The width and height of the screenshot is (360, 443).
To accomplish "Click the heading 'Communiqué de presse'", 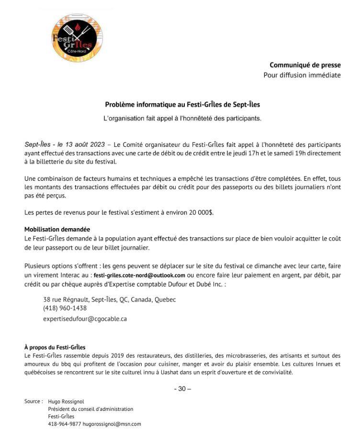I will tap(305, 65).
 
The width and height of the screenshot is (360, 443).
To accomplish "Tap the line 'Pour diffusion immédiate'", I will tap(302, 75).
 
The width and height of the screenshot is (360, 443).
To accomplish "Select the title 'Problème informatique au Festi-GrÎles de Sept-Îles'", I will tap(182, 104).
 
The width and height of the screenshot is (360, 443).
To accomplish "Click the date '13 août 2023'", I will tap(82, 144).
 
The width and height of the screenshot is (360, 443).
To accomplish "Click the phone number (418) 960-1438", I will tap(65, 309).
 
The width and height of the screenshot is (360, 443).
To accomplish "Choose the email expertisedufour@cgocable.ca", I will tap(85, 318).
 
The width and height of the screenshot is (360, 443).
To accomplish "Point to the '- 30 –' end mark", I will tap(182, 388).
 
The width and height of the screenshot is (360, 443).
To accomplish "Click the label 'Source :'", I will tap(34, 401).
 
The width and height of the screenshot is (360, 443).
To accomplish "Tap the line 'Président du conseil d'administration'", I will tap(90, 409).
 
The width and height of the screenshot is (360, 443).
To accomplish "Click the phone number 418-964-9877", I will tap(64, 424).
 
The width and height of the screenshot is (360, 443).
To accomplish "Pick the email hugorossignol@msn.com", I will tap(112, 424).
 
